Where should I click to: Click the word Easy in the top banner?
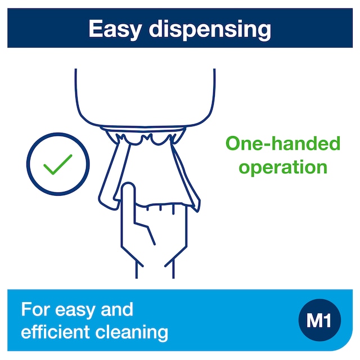click(114, 30)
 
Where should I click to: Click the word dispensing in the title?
click(210, 30)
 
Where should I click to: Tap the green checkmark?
click(58, 164)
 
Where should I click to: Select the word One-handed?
click(283, 143)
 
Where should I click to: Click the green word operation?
click(283, 168)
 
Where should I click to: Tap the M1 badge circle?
click(319, 320)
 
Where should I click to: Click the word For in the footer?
click(35, 309)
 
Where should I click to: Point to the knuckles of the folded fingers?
click(161, 206)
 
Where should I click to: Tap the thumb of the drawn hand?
click(145, 232)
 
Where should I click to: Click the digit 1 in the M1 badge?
click(327, 320)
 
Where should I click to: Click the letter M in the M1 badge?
click(314, 320)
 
